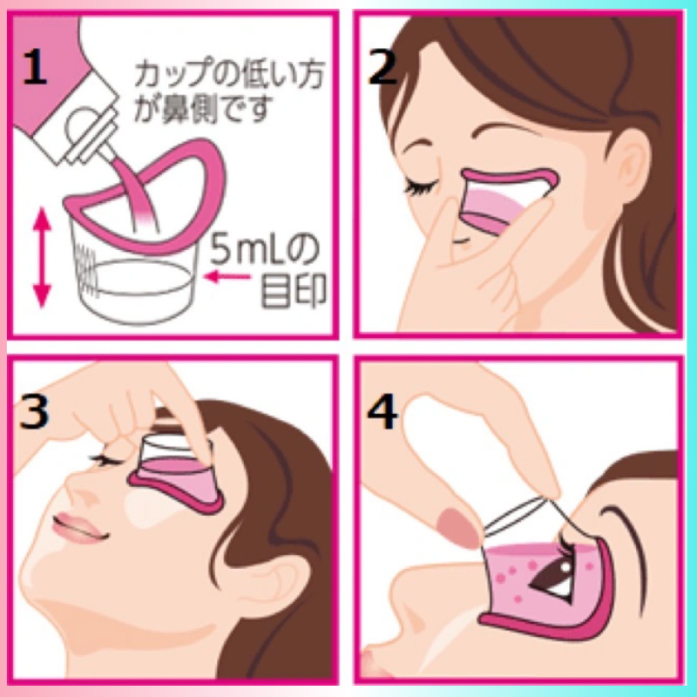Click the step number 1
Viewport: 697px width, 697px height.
[35, 67]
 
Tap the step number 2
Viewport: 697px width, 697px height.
[382, 67]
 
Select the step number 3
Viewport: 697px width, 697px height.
[34, 411]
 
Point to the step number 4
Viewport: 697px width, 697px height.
[382, 411]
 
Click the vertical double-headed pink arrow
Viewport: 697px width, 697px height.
[42, 258]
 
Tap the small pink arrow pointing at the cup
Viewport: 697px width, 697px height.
[227, 276]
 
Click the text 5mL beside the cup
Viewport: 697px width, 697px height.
[250, 249]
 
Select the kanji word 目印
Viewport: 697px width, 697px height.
[294, 291]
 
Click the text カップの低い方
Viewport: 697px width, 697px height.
[230, 75]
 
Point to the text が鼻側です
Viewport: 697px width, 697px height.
[203, 108]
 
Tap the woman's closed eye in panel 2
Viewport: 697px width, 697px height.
[421, 186]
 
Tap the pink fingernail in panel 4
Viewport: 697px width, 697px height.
[458, 528]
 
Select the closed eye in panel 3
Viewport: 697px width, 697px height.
[105, 461]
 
